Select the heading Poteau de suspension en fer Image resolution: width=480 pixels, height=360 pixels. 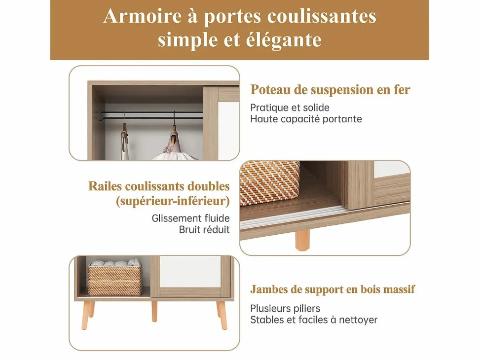(x=330, y=90)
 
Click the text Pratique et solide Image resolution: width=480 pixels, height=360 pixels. (x=290, y=107)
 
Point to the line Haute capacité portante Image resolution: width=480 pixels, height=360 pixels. (x=306, y=119)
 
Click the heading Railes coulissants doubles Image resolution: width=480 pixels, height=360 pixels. (x=159, y=186)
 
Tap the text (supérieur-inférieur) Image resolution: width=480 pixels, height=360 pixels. (x=173, y=201)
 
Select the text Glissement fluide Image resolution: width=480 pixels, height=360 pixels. (x=191, y=218)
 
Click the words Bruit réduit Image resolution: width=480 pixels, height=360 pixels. (x=204, y=230)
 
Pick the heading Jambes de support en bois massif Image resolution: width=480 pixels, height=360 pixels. (x=332, y=289)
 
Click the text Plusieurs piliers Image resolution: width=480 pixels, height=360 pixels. (x=285, y=309)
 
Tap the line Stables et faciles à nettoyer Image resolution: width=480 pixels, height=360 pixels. (x=314, y=320)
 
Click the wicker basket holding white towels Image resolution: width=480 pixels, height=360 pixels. (x=115, y=278)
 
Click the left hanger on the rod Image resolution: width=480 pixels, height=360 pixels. (x=124, y=136)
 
